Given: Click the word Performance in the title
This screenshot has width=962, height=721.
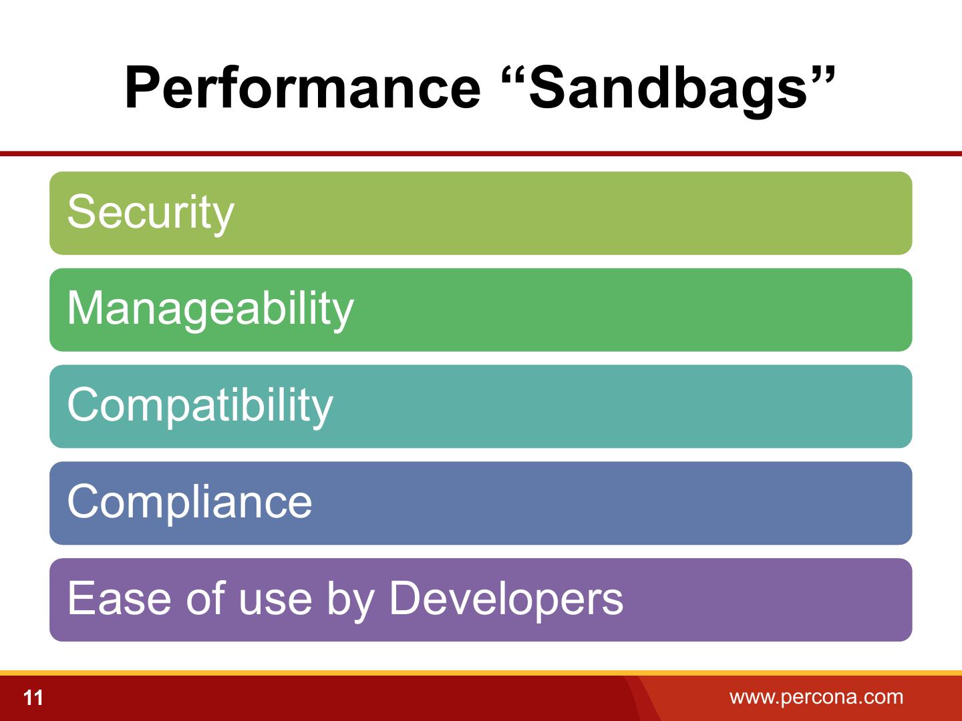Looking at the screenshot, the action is [x=303, y=87].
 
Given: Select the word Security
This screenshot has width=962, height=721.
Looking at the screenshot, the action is [x=151, y=214].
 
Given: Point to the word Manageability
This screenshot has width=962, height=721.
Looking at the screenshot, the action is [x=210, y=310].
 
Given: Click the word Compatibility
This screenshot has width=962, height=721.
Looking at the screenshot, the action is [x=200, y=407].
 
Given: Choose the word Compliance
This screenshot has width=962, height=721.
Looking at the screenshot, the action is [x=190, y=503].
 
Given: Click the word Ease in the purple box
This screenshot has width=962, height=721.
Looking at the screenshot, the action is [x=119, y=598].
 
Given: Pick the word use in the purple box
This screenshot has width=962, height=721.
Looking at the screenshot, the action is [x=275, y=603].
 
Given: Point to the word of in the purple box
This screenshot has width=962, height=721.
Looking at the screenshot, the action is [x=206, y=597].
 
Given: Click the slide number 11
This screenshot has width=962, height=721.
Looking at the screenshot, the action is [x=33, y=698].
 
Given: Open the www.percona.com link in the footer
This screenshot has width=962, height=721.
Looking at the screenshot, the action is [x=816, y=697].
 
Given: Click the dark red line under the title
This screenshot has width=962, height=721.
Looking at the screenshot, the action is [x=481, y=154].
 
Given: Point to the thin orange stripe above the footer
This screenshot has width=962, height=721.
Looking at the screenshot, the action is [x=481, y=673].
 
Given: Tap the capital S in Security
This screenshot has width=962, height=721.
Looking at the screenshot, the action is [x=82, y=212].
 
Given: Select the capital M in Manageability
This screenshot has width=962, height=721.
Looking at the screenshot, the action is [x=85, y=308].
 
